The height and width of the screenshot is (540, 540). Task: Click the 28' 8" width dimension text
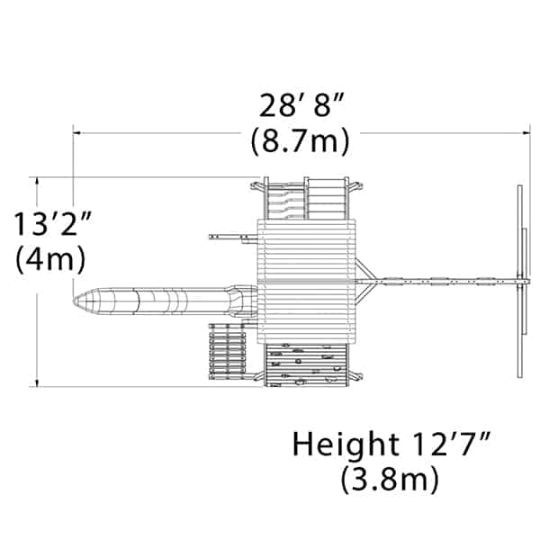[301, 105]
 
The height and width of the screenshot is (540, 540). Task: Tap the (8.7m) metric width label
[300, 140]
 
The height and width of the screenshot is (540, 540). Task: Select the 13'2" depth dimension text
[53, 223]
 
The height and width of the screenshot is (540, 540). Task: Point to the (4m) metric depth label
[50, 259]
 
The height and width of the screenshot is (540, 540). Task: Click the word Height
[346, 445]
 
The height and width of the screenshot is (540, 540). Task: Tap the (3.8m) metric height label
[390, 479]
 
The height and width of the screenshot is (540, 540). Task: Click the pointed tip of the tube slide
[74, 301]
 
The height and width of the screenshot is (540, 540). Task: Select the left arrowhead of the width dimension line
[76, 132]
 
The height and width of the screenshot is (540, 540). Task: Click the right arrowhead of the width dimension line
[526, 132]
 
